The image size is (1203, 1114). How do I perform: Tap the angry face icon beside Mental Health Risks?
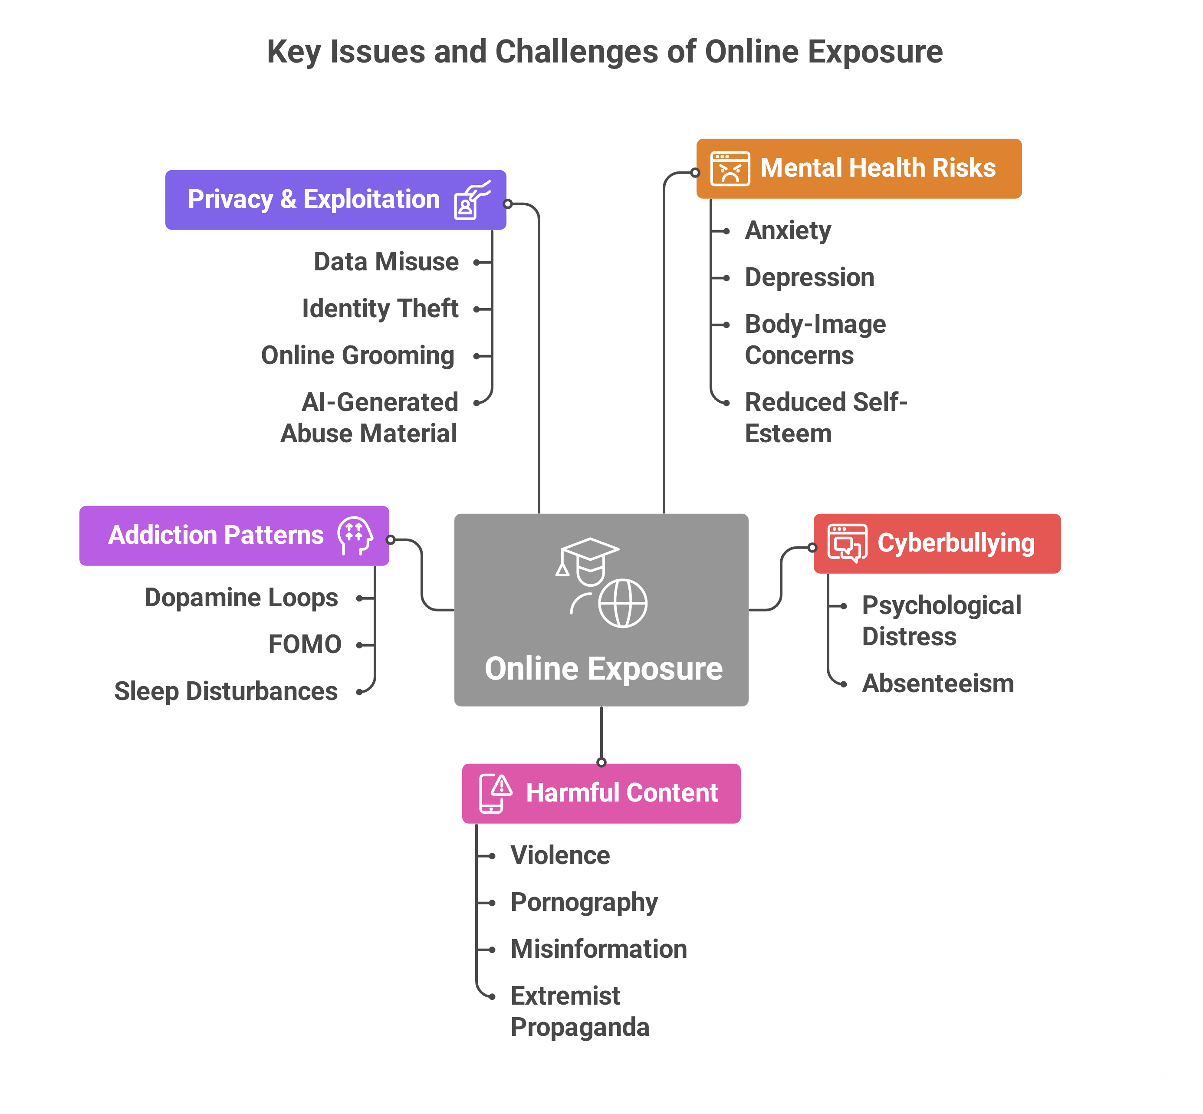point(730,169)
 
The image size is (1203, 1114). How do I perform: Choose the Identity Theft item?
point(380,309)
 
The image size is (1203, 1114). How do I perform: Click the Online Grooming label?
point(358,356)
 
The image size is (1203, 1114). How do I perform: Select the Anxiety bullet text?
point(788,231)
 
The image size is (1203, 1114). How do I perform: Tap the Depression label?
point(809,278)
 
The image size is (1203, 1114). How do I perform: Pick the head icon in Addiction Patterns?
point(355,535)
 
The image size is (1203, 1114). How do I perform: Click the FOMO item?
point(305,645)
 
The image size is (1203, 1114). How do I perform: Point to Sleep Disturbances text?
point(226,691)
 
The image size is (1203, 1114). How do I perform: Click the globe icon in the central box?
point(623,603)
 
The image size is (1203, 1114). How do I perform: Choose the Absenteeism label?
point(938,684)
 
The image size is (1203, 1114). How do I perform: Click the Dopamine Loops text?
point(241,598)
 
